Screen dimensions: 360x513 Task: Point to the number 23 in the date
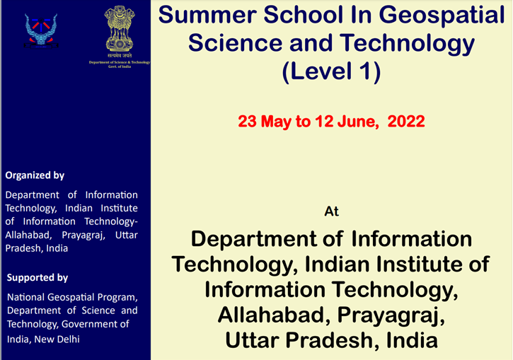coord(248,122)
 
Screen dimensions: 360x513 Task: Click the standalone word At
coord(331,211)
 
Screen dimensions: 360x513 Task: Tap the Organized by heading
coord(35,175)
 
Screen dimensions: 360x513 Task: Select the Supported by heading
coord(37,278)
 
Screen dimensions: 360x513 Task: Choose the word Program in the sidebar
coord(115,296)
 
